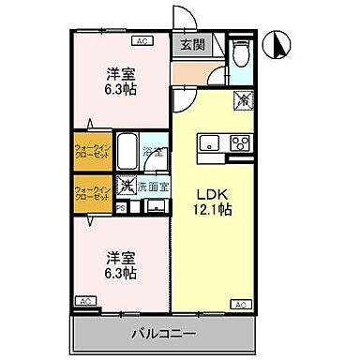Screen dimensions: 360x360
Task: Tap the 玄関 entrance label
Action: pyautogui.click(x=192, y=44)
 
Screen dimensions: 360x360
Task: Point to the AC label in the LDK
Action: pyautogui.click(x=240, y=305)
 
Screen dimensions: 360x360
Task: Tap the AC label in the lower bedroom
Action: pyautogui.click(x=85, y=300)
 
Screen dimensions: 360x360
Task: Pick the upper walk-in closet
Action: pyautogui.click(x=93, y=149)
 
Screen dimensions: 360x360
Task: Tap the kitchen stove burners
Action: pyautogui.click(x=238, y=143)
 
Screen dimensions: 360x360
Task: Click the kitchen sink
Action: pyautogui.click(x=207, y=143)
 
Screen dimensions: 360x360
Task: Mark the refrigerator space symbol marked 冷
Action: pyautogui.click(x=241, y=97)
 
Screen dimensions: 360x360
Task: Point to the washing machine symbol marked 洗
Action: pyautogui.click(x=126, y=186)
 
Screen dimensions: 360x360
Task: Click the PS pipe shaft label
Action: pyautogui.click(x=122, y=210)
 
